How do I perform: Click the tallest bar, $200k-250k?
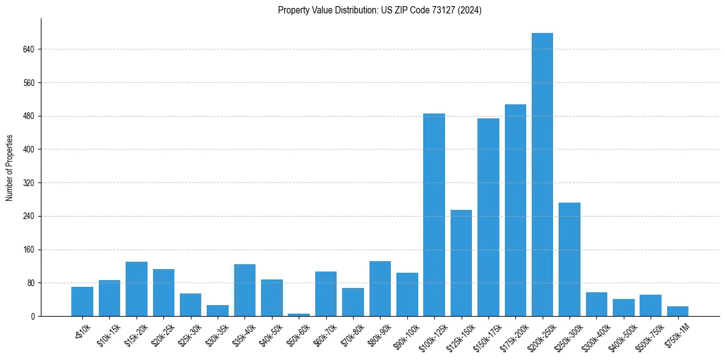542,175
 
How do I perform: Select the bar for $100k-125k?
434,215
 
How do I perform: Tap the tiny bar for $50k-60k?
299,315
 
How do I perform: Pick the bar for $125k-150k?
461,263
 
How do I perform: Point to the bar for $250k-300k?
570,259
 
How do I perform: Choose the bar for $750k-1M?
677,311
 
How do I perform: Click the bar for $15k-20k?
137,289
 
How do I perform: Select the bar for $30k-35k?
218,311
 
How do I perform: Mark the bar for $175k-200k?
515,210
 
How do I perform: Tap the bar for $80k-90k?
380,289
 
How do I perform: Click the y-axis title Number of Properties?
9,167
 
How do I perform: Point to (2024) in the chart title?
471,10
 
